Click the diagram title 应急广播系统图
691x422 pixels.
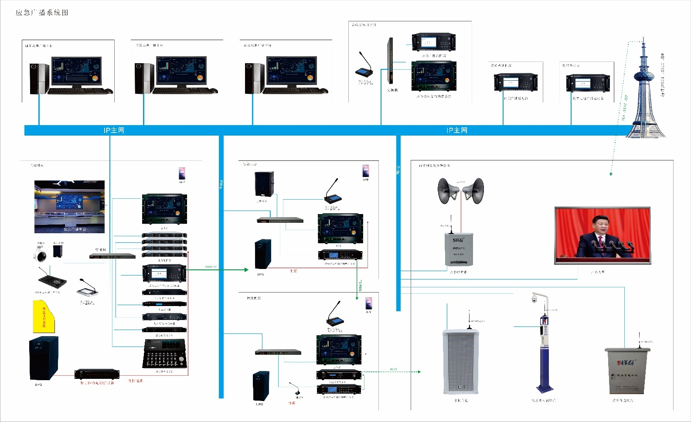point(42,13)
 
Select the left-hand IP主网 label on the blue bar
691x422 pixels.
point(114,130)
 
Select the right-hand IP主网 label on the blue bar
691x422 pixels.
point(456,130)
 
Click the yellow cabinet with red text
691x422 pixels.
point(44,316)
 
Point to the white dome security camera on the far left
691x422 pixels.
point(41,253)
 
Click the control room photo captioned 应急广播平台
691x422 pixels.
point(69,207)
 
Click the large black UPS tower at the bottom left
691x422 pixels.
point(43,358)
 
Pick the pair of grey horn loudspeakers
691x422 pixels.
point(460,191)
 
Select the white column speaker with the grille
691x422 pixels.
point(461,362)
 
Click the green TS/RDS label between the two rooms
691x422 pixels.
point(360,286)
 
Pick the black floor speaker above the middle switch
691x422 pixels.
point(264,184)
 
